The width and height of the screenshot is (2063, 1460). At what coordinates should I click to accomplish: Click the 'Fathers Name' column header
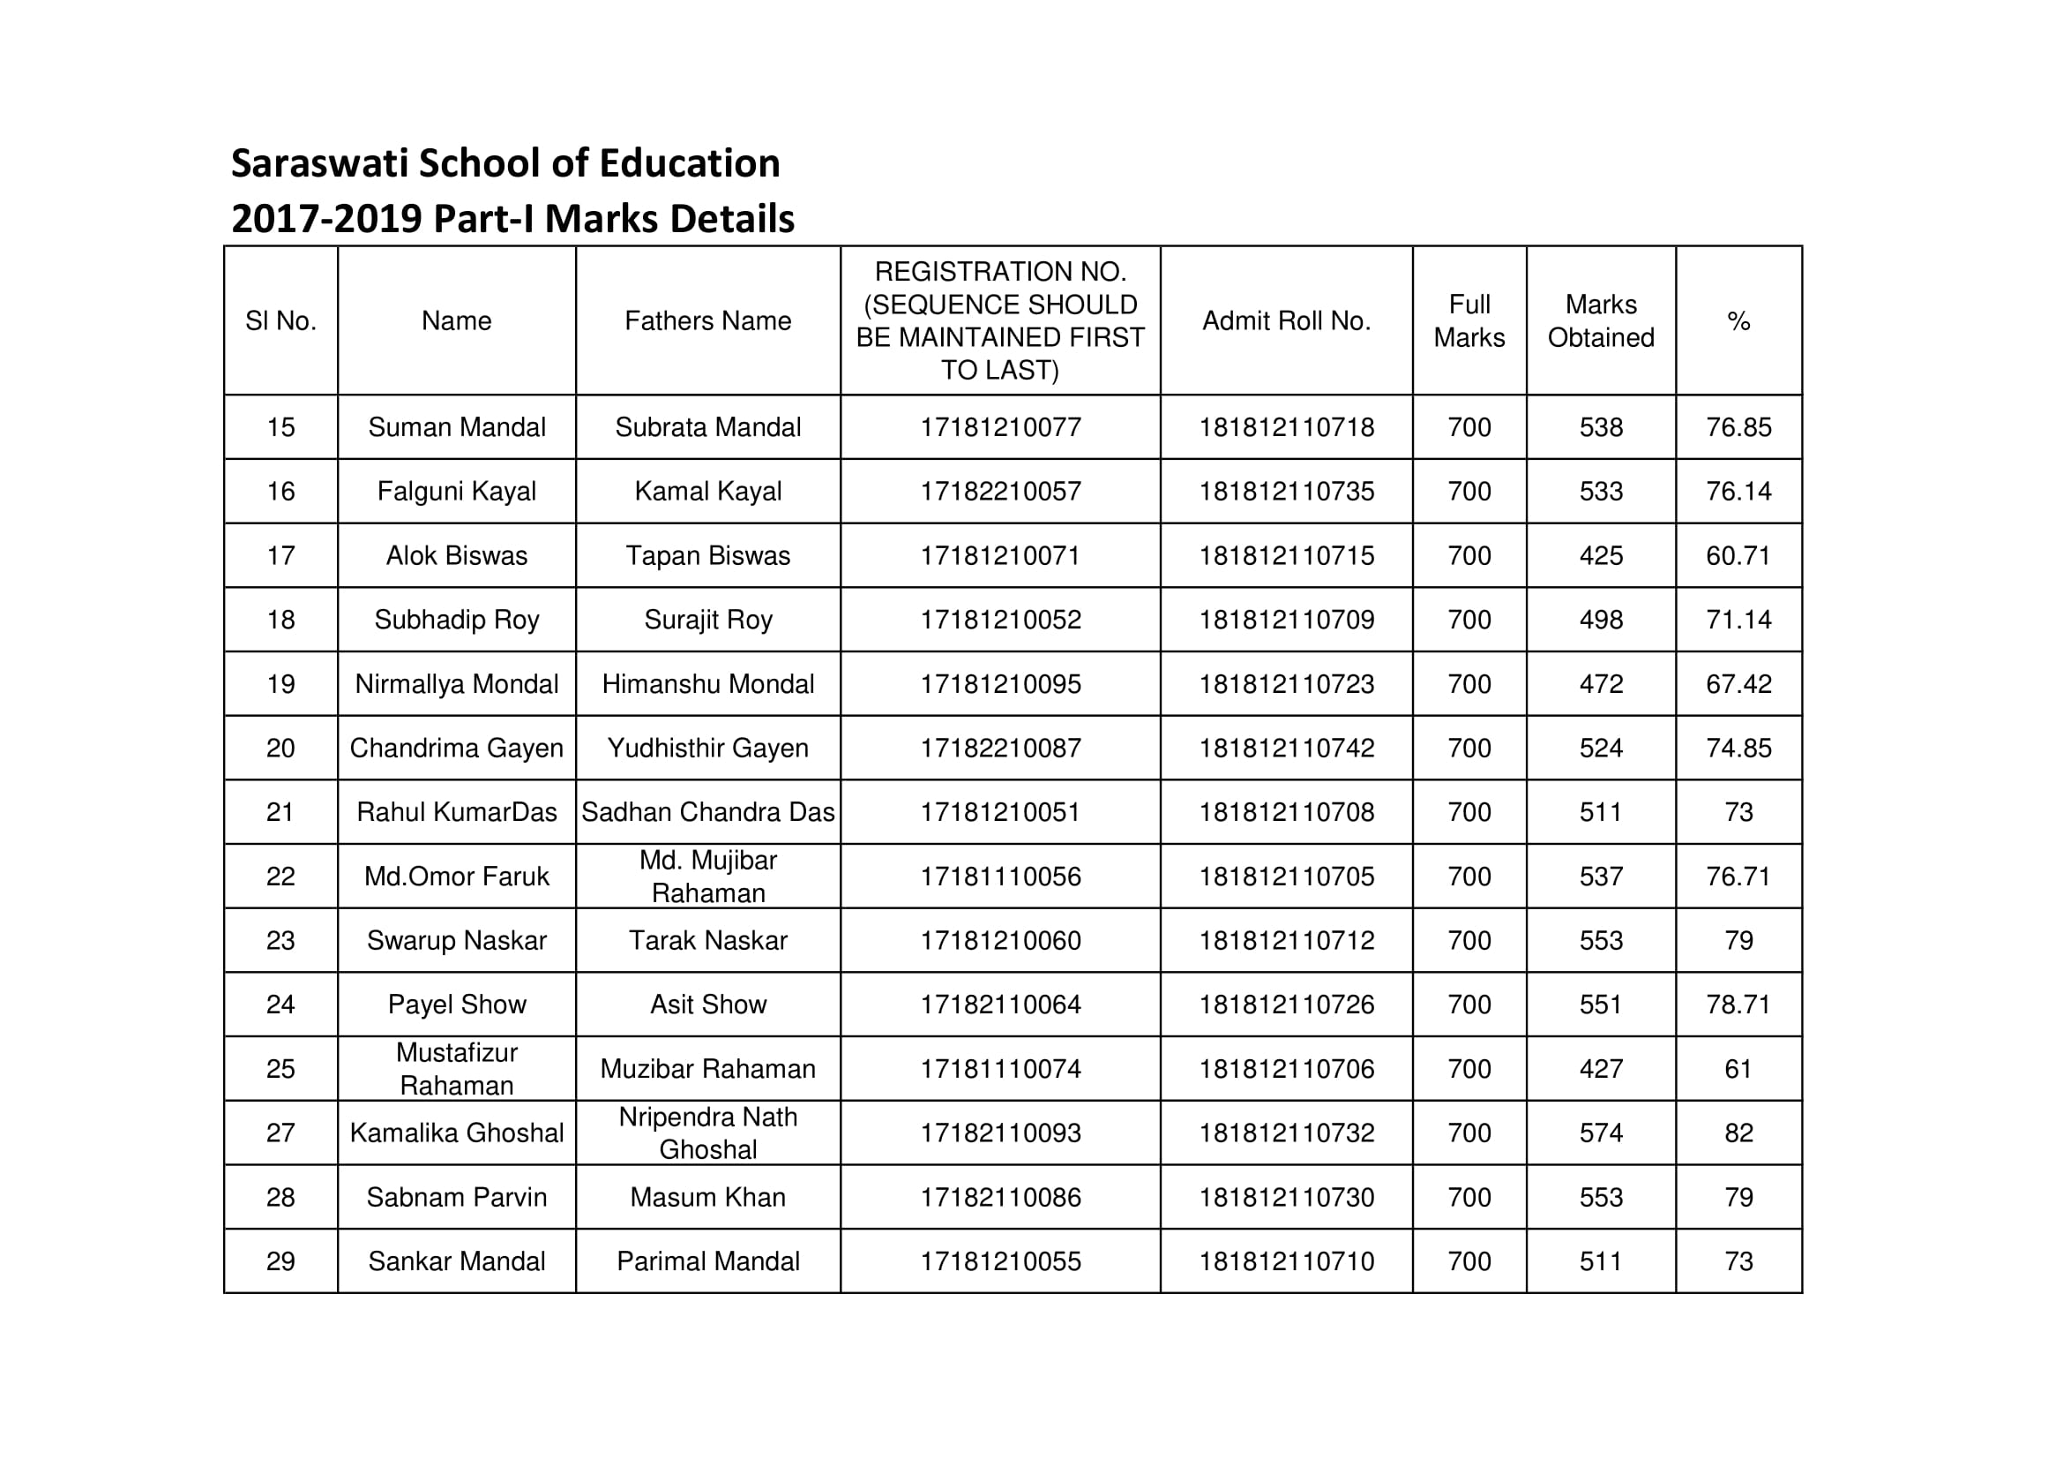click(x=708, y=321)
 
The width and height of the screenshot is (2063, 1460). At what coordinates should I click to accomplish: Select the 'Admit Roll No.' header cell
click(x=1286, y=321)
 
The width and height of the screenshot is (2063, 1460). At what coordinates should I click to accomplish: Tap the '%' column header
click(x=1738, y=321)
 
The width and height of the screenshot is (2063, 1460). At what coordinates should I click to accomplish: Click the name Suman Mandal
click(x=457, y=427)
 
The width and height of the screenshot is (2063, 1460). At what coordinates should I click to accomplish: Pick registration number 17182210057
click(x=1000, y=492)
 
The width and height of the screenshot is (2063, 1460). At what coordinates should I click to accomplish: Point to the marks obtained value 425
click(x=1601, y=555)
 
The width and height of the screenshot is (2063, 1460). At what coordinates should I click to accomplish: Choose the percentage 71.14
click(x=1738, y=620)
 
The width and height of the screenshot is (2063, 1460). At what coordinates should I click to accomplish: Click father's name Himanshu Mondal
click(x=708, y=684)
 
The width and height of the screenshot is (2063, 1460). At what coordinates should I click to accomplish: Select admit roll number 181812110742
click(x=1286, y=748)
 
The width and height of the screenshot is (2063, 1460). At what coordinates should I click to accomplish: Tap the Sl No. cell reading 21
click(x=280, y=812)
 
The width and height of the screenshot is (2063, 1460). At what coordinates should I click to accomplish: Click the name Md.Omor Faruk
click(x=457, y=877)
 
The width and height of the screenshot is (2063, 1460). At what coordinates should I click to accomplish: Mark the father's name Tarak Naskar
click(x=708, y=940)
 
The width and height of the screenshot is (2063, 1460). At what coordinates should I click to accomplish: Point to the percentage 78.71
click(x=1738, y=1005)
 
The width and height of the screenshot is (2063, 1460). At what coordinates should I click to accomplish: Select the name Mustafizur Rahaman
click(x=457, y=1069)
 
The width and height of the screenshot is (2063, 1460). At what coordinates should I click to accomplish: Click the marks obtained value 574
click(x=1601, y=1133)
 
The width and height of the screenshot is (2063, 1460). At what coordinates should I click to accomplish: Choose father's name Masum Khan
click(x=708, y=1198)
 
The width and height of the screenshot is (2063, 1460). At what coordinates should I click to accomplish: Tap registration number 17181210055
click(x=1000, y=1261)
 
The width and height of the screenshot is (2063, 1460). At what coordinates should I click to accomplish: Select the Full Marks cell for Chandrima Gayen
click(x=1469, y=748)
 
